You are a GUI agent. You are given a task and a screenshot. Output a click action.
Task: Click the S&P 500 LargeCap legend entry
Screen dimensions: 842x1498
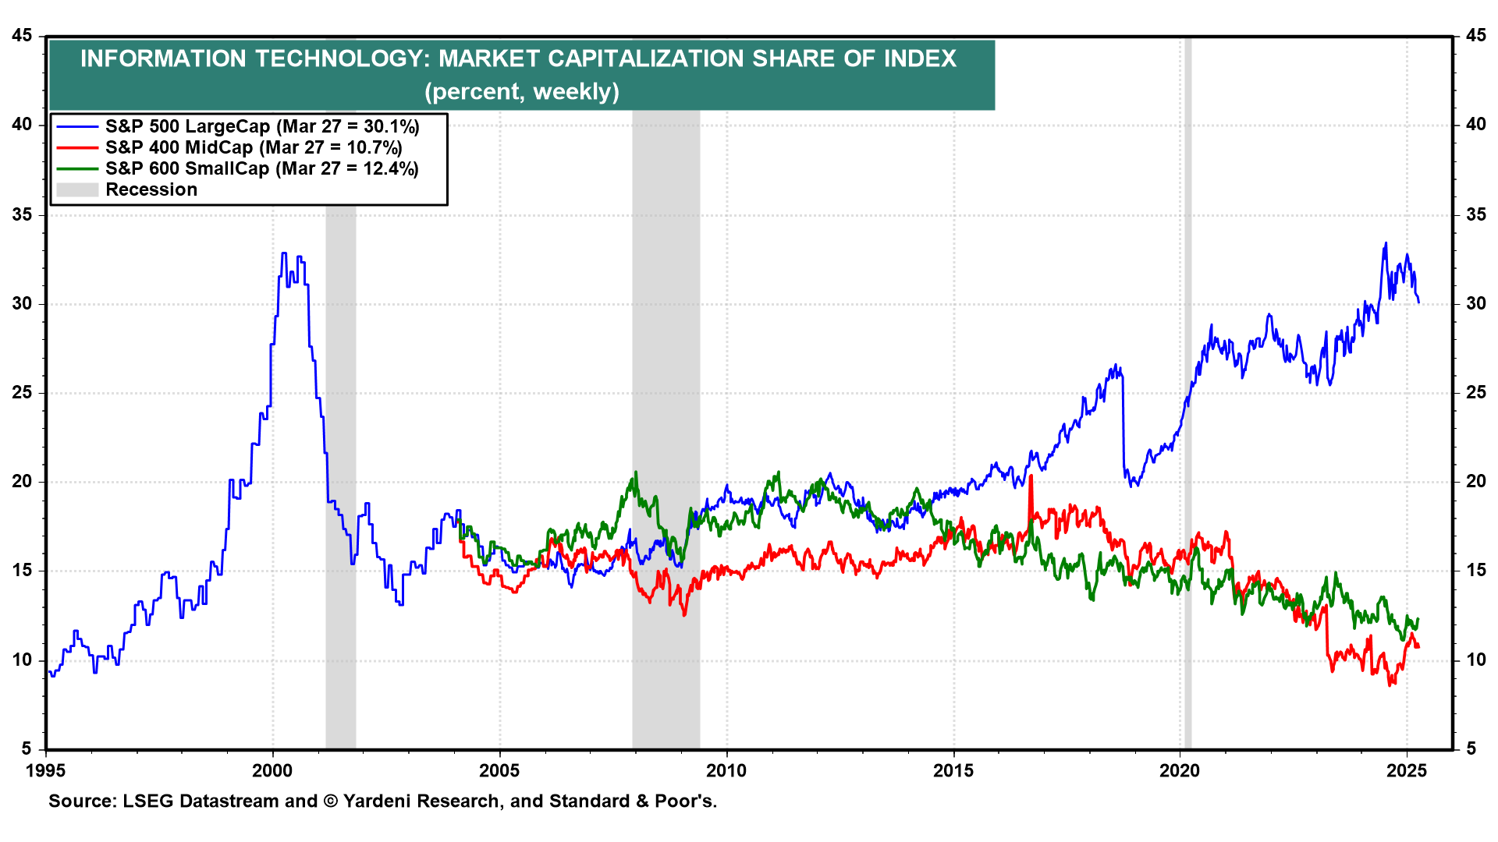(262, 126)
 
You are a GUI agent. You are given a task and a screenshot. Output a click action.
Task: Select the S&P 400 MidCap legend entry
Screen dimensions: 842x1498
(254, 147)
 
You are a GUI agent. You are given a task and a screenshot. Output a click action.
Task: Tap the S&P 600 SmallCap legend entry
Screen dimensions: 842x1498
(262, 168)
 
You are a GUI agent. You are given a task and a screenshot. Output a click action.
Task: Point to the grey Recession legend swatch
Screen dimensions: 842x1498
(77, 189)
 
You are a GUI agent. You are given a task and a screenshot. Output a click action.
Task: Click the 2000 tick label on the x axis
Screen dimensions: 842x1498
(272, 771)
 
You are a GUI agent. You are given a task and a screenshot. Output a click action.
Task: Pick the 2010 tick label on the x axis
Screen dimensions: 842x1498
(726, 771)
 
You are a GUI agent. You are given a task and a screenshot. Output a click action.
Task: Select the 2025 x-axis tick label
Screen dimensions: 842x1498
(1407, 771)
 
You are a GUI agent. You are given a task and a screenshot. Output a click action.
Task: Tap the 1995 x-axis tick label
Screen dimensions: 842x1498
(46, 771)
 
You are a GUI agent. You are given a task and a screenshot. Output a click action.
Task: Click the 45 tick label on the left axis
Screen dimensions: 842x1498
(23, 36)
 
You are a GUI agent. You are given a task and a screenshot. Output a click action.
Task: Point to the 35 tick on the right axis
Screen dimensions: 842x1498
(1475, 214)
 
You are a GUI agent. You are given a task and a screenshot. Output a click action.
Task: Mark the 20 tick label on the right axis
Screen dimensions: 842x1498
(1475, 482)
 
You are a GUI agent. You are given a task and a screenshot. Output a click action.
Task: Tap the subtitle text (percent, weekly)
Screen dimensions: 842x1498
(522, 91)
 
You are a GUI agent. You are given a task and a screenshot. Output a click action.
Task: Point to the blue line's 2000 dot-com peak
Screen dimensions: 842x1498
(284, 253)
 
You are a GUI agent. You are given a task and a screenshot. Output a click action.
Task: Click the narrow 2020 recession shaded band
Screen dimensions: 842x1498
(1187, 390)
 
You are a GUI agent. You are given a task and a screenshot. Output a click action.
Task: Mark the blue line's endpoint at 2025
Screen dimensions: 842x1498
(1418, 302)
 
